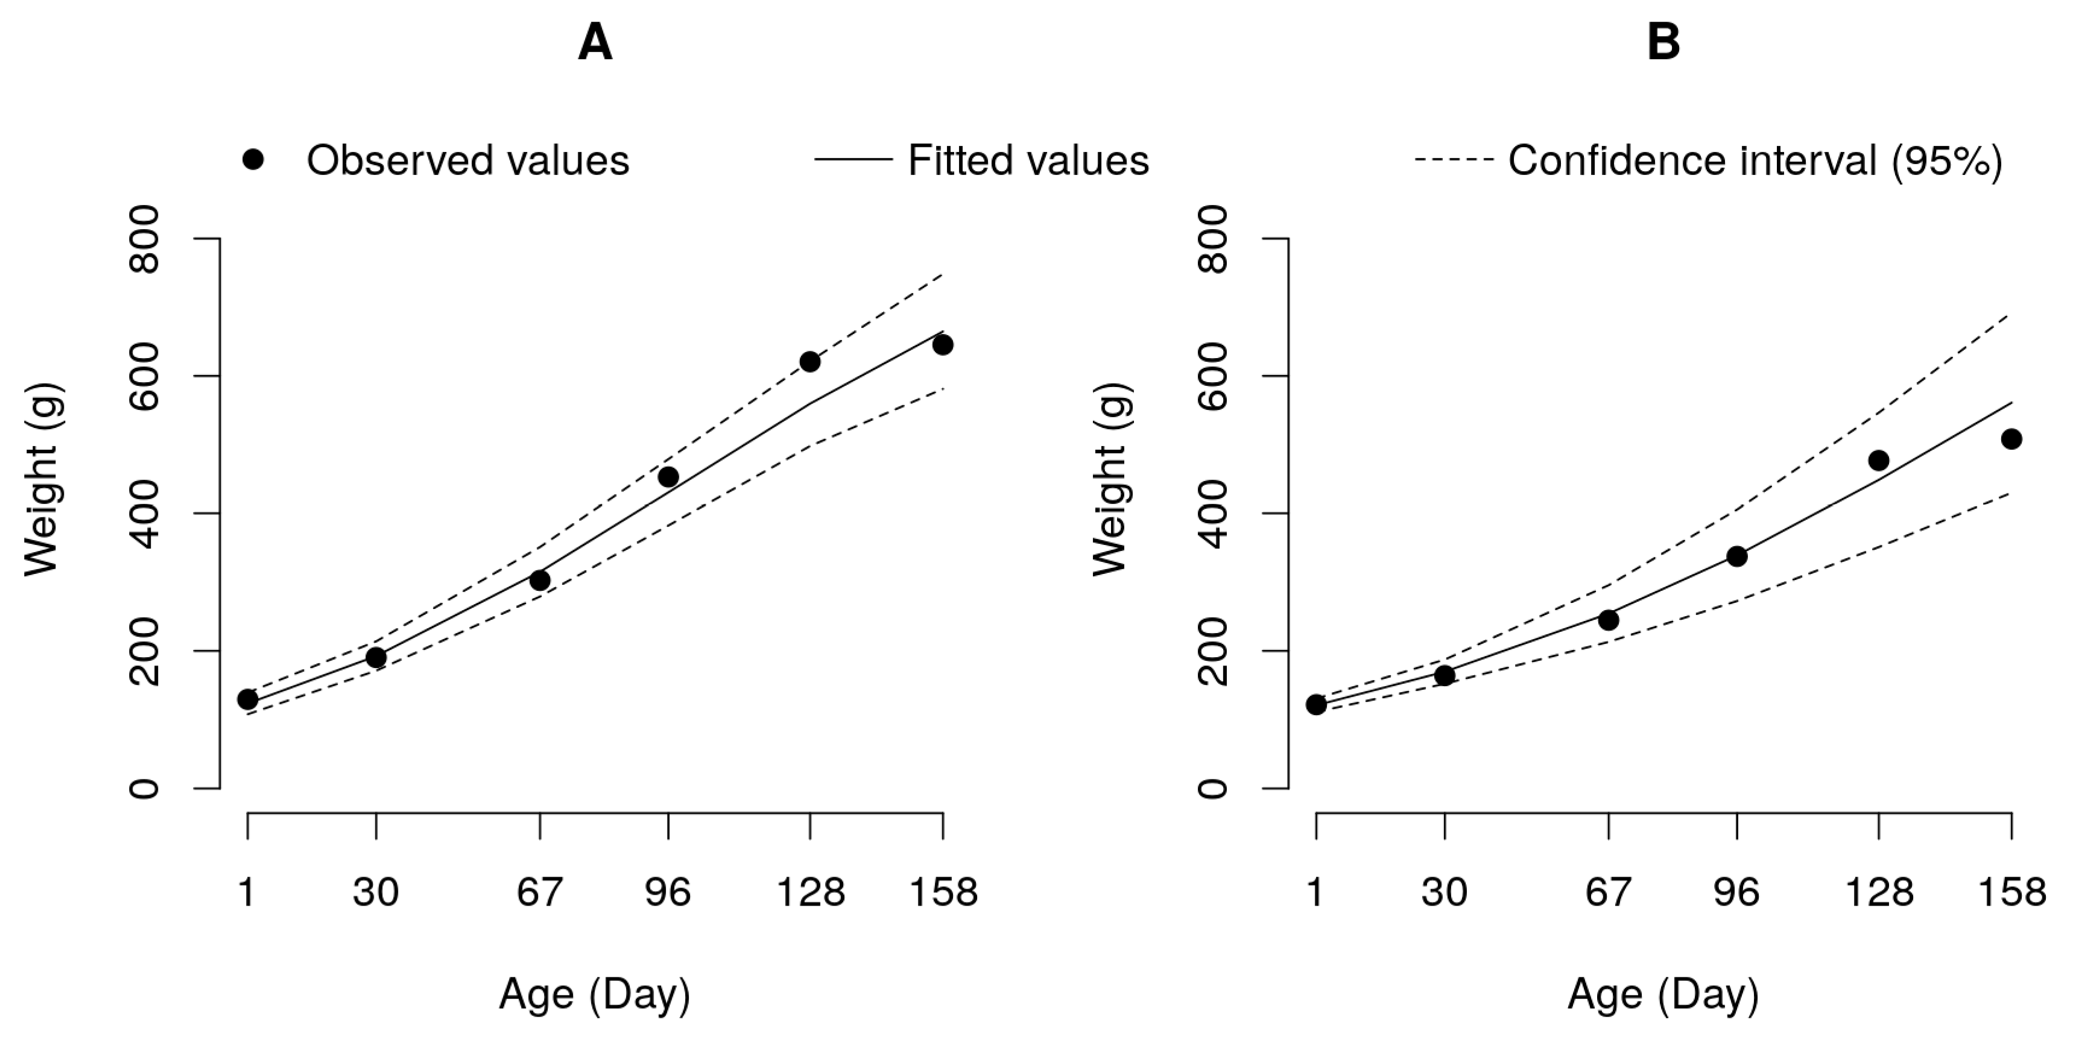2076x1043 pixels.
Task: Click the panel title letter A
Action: (595, 43)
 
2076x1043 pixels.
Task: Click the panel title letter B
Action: (1663, 43)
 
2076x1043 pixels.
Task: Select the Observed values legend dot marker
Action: (253, 160)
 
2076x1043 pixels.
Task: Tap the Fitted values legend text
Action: (1028, 160)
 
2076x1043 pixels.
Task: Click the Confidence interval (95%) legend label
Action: (1755, 160)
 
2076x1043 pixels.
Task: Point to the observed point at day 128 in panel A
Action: (810, 362)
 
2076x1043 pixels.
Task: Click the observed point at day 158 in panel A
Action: (943, 345)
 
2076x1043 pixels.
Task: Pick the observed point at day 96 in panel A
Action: (668, 477)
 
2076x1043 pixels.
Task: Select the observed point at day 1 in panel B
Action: (1316, 705)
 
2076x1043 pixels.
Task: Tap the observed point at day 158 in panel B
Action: (2011, 439)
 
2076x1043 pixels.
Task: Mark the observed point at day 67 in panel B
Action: (1609, 620)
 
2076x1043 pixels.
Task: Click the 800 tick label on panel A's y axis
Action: (145, 239)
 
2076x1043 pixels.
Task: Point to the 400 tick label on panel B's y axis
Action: (1214, 513)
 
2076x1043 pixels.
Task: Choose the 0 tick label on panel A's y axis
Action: (145, 788)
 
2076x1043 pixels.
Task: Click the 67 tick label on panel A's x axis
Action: (539, 892)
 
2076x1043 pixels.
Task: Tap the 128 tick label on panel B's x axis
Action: (1879, 892)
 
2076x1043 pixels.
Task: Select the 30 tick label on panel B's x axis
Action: (1444, 892)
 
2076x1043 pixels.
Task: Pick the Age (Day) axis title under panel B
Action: (1663, 995)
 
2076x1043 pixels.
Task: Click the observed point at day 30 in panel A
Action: (376, 658)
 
